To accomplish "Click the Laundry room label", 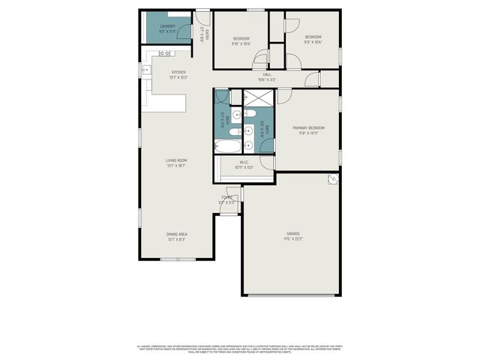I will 167,26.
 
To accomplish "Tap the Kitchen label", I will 178,72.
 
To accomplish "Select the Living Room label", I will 176,160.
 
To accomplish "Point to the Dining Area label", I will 177,234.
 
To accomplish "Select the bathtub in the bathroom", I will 228,146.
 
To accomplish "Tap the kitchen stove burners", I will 164,53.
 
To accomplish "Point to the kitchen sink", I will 146,71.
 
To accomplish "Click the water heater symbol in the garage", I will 331,180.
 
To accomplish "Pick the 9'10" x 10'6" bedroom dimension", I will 241,43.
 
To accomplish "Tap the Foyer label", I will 226,197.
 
